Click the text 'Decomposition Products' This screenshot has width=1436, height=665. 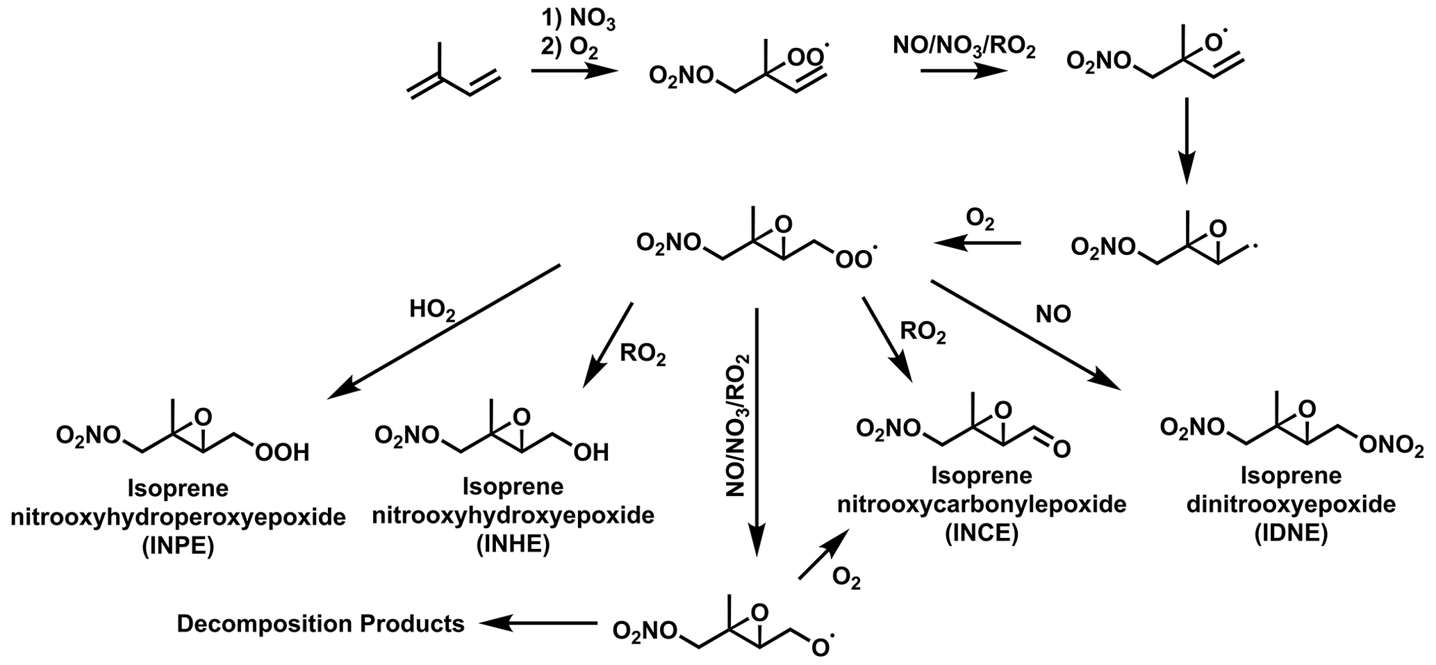tap(321, 624)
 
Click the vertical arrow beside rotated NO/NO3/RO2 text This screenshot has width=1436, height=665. tap(757, 431)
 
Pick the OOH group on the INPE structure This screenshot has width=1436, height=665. tap(282, 454)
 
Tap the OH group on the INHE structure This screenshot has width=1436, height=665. tap(591, 453)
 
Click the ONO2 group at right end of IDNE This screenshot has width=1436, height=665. tap(1389, 448)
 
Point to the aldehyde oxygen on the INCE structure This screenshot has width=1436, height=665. tap(1061, 450)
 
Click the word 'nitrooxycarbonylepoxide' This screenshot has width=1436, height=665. tap(982, 505)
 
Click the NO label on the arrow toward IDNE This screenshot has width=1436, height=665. tap(1053, 315)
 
